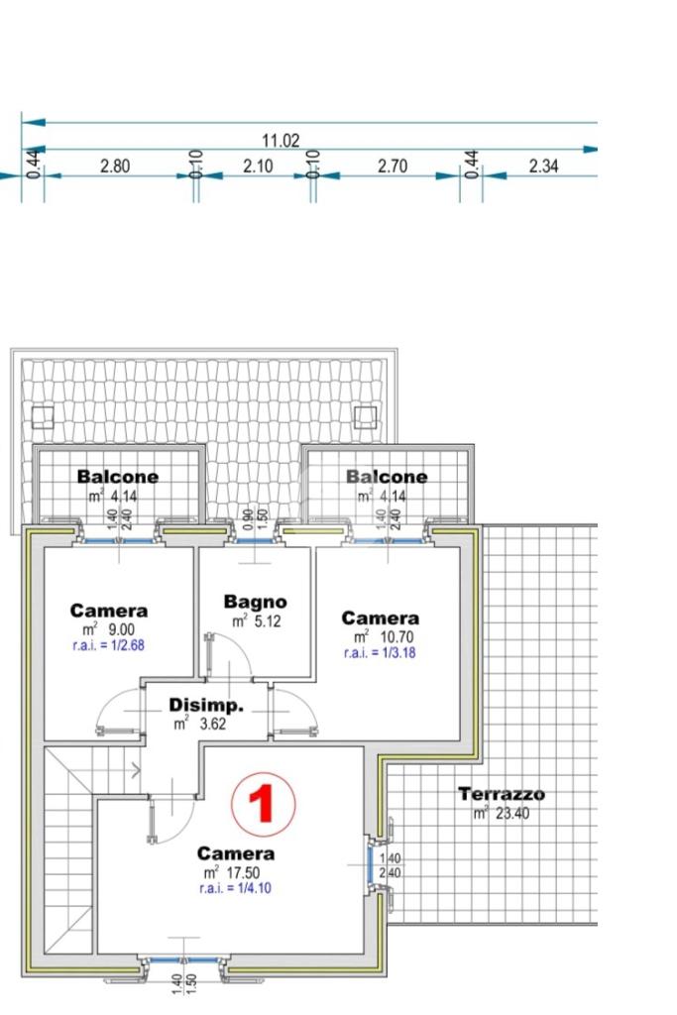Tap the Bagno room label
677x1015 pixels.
tap(255, 602)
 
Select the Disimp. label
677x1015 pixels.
tap(206, 705)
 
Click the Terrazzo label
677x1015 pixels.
tap(502, 794)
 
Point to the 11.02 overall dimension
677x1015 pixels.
tap(281, 141)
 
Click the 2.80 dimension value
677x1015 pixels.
tap(115, 167)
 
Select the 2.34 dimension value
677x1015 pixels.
tap(543, 167)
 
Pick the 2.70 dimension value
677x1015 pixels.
tap(393, 167)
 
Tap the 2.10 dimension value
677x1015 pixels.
tap(258, 167)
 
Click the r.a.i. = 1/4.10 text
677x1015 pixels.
tap(235, 888)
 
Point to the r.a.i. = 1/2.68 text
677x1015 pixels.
tap(108, 645)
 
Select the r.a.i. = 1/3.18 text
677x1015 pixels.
tap(380, 652)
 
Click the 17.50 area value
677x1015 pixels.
tap(244, 872)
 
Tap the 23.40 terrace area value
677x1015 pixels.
tap(511, 813)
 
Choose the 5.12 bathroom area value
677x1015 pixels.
tap(267, 621)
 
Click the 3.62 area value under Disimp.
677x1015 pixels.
tap(212, 724)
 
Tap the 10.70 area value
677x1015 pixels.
tap(396, 637)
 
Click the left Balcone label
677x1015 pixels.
tap(117, 477)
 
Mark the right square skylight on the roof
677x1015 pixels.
tap(366, 417)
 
